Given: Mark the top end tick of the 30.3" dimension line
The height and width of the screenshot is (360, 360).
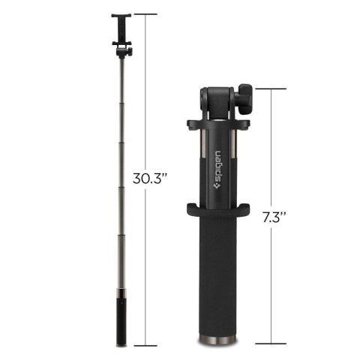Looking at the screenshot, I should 145,13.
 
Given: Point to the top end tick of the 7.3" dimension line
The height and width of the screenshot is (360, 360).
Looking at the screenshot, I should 274,88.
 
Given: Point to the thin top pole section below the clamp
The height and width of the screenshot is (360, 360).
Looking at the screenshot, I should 122,82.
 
